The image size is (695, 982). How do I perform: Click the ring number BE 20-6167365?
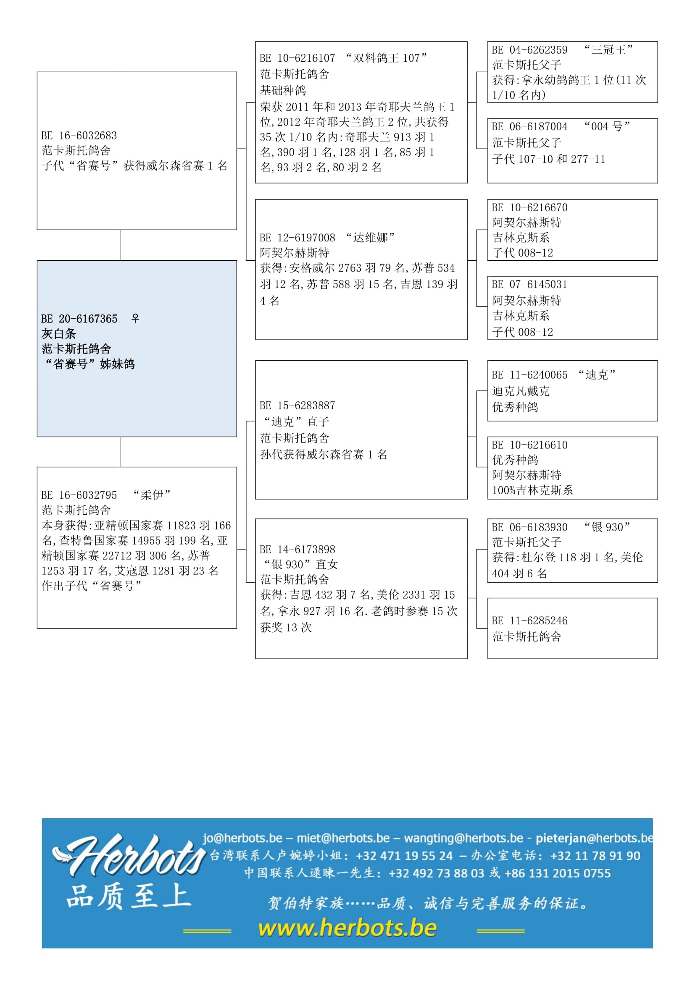(x=79, y=319)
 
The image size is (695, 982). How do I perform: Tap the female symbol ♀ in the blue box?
(x=135, y=318)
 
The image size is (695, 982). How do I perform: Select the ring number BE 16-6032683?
(x=79, y=136)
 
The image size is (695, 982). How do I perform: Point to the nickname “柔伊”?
(x=152, y=495)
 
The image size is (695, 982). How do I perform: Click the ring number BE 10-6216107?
(x=297, y=58)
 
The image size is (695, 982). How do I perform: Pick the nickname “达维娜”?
(x=370, y=237)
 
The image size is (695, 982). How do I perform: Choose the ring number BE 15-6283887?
(x=297, y=406)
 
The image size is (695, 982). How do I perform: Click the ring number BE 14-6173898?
(x=297, y=549)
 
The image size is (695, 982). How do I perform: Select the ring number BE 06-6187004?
(x=530, y=127)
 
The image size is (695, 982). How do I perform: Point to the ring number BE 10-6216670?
(x=530, y=207)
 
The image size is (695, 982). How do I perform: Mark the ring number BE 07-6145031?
(x=530, y=284)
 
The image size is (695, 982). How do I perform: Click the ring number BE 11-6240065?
(x=530, y=375)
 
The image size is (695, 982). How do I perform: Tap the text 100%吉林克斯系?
(x=532, y=490)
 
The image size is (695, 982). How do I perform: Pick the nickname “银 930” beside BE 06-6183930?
(x=607, y=527)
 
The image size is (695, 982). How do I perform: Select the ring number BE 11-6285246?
(x=530, y=621)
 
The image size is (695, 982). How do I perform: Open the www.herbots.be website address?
(x=347, y=928)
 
